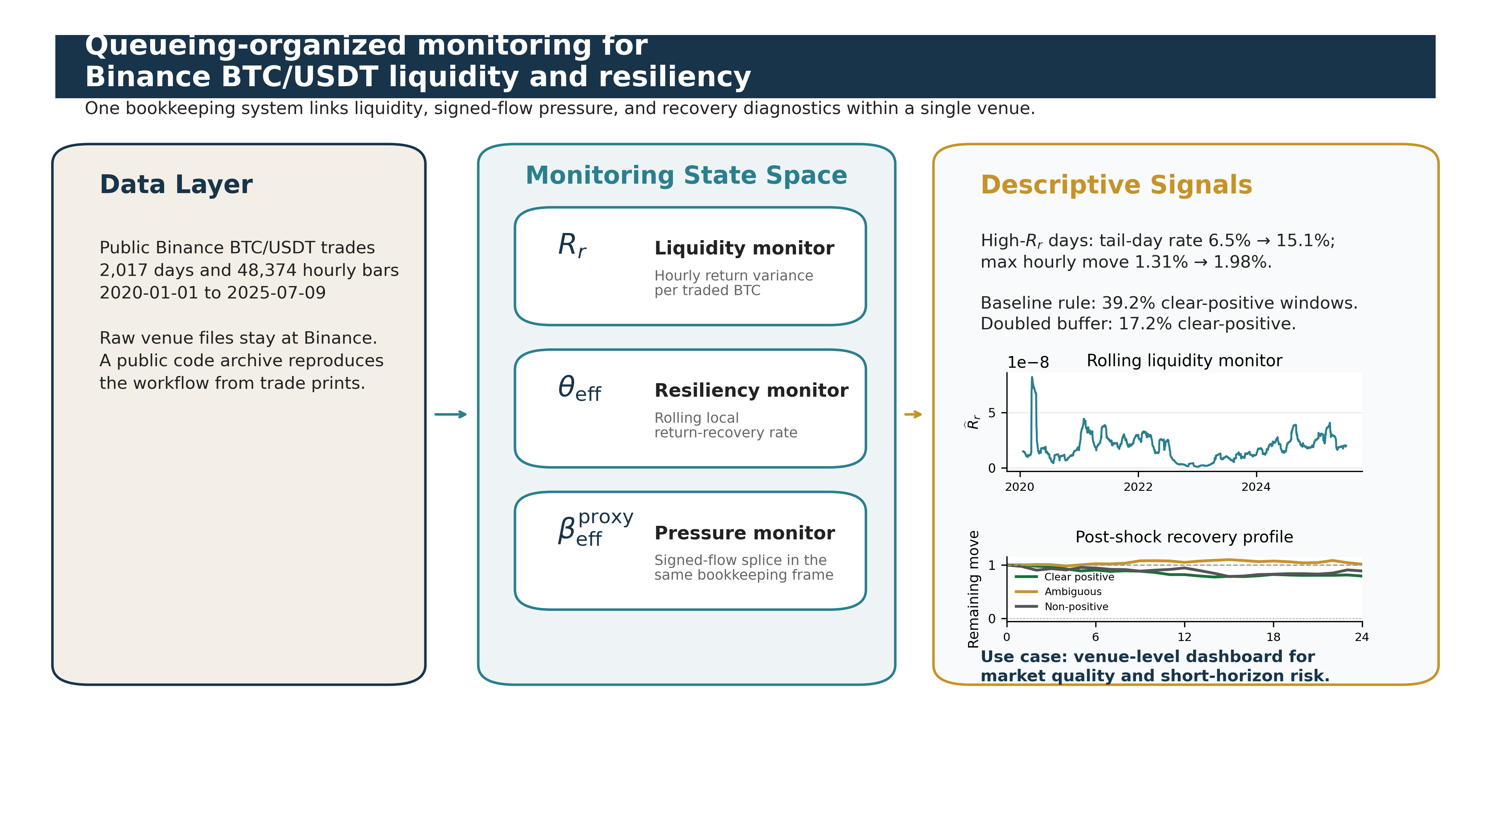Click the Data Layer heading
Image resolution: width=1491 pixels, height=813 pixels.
pyautogui.click(x=176, y=184)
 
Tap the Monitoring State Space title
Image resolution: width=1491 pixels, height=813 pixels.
pyautogui.click(x=686, y=175)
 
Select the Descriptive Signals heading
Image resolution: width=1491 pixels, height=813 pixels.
pyautogui.click(x=1116, y=185)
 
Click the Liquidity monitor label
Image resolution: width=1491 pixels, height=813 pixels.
pyautogui.click(x=744, y=248)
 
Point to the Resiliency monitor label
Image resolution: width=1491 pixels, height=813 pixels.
pyautogui.click(x=751, y=391)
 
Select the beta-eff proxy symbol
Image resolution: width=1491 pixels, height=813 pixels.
pyautogui.click(x=595, y=528)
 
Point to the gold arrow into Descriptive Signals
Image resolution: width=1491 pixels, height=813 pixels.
pyautogui.click(x=913, y=414)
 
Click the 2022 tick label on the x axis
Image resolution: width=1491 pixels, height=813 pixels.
pyautogui.click(x=1137, y=487)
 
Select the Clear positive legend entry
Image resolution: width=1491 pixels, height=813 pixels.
pyautogui.click(x=1078, y=577)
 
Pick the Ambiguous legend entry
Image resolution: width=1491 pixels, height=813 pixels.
pyautogui.click(x=1073, y=591)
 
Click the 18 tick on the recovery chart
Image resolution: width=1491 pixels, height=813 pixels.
pyautogui.click(x=1273, y=637)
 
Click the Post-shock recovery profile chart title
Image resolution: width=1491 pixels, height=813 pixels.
pyautogui.click(x=1184, y=537)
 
